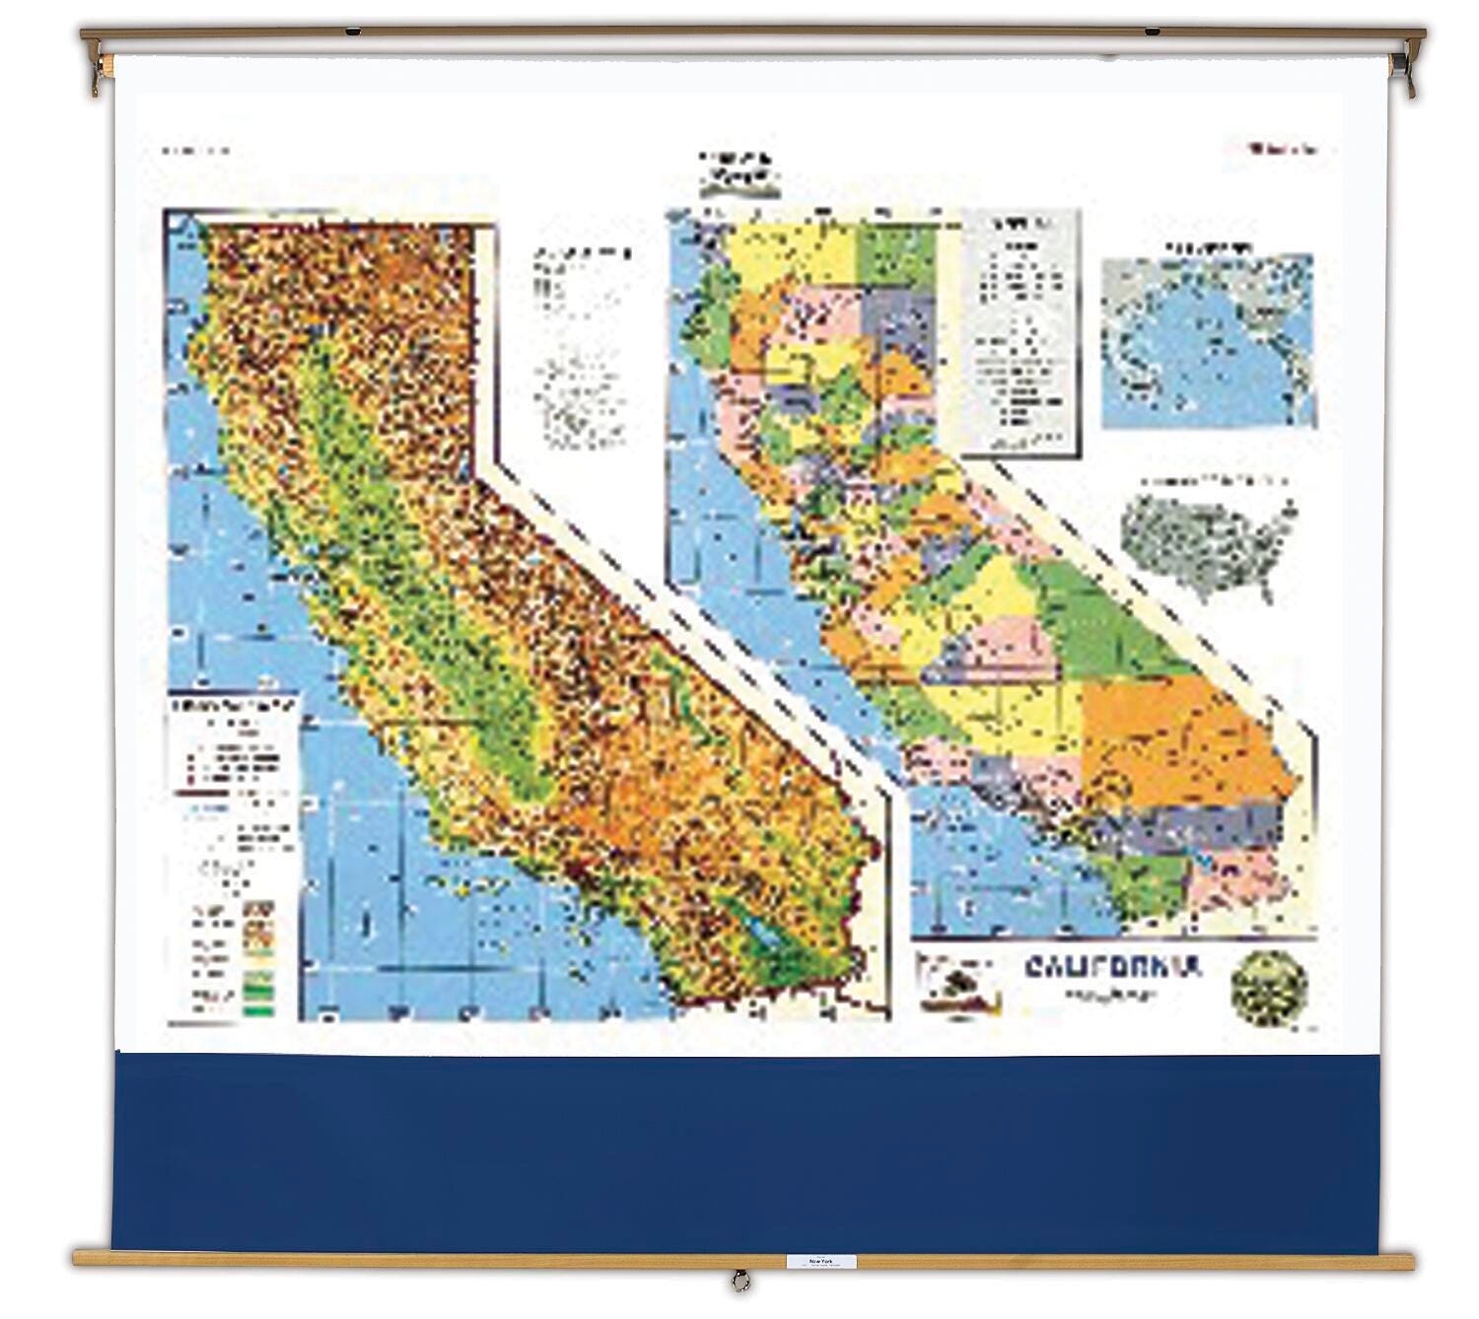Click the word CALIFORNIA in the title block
click(1112, 967)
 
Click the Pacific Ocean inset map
click(1208, 341)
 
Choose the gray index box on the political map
click(1020, 335)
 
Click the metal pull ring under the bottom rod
click(739, 1282)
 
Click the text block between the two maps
click(580, 345)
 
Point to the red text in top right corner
click(1282, 150)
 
